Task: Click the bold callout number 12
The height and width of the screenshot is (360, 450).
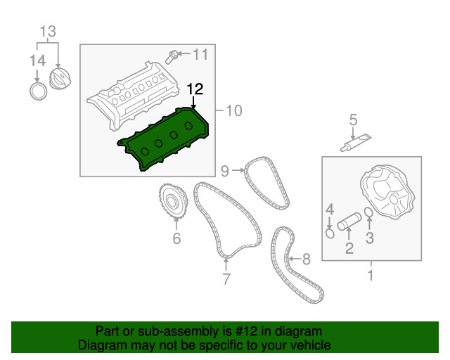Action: [195, 89]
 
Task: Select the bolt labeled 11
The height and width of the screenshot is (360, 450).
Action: [171, 57]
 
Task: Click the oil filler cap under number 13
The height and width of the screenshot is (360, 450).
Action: [60, 78]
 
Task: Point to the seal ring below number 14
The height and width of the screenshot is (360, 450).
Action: [38, 91]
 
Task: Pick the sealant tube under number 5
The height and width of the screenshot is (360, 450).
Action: [356, 143]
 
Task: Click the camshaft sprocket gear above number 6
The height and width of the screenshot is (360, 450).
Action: [174, 202]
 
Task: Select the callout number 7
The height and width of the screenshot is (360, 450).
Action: [226, 278]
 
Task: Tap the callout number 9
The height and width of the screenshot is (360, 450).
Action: [225, 171]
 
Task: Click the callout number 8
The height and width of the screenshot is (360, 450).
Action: [307, 259]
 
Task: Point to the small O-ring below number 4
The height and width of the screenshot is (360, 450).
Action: [330, 233]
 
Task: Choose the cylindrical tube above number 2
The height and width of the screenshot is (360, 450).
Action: [349, 221]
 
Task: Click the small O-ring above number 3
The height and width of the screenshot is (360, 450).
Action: [369, 212]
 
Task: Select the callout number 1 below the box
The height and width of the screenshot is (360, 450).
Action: [371, 276]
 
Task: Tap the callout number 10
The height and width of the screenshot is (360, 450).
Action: [234, 110]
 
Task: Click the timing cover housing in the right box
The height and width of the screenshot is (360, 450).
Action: [387, 191]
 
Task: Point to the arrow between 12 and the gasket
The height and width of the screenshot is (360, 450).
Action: [194, 103]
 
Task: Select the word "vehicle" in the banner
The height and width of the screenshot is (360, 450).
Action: [312, 345]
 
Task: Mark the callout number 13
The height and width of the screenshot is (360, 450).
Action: [48, 31]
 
